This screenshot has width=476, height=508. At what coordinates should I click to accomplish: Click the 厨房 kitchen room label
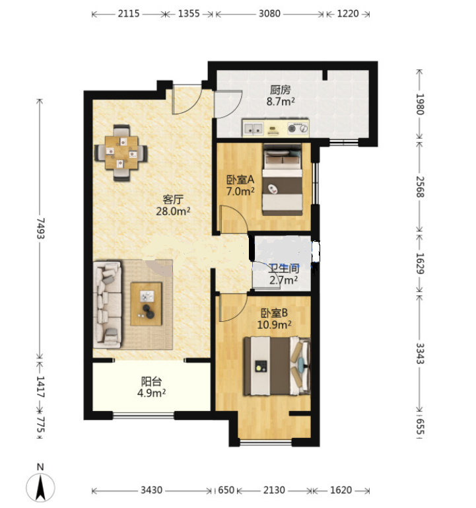[280, 89]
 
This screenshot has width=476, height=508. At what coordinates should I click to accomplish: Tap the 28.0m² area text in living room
[173, 211]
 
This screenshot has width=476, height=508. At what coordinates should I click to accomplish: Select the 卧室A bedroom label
[240, 179]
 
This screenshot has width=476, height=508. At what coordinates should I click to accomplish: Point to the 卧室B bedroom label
[274, 313]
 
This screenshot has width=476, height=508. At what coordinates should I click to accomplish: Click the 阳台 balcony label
[151, 381]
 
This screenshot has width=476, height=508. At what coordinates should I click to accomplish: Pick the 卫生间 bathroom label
[284, 268]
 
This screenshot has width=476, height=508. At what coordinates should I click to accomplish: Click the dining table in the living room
[121, 153]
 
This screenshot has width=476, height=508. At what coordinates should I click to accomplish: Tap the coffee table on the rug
[146, 304]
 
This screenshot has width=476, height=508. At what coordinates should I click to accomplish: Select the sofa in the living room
[108, 305]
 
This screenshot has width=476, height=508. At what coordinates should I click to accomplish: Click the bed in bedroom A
[283, 180]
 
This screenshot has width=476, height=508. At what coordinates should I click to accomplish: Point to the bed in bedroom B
[277, 366]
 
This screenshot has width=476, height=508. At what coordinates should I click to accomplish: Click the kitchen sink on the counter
[254, 128]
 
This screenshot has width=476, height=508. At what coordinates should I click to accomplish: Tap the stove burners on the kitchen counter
[298, 128]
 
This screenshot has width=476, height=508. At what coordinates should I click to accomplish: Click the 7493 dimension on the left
[40, 229]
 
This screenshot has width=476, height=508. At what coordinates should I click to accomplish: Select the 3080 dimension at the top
[269, 14]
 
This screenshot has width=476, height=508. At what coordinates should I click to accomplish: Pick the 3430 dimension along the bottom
[151, 490]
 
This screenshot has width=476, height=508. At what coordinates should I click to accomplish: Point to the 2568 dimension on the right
[420, 186]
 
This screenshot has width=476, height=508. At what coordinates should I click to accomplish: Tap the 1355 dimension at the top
[189, 14]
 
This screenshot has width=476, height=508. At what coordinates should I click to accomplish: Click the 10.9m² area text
[274, 324]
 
